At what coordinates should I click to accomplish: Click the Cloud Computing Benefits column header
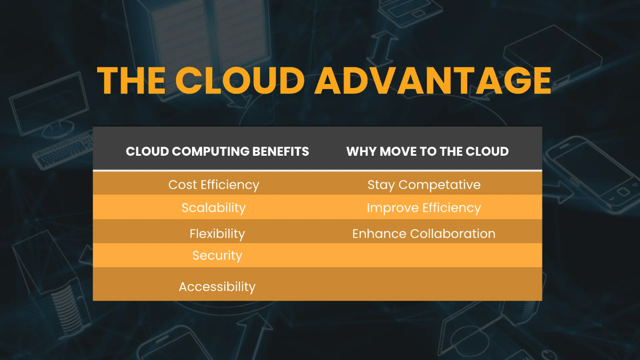[217, 151]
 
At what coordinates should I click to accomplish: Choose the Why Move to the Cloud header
[427, 151]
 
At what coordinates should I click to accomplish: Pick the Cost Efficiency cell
[213, 185]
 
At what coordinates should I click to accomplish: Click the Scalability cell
[213, 207]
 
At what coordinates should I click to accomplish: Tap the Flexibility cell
[217, 234]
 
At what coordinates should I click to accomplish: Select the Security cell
[217, 255]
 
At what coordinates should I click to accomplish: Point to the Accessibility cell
[217, 286]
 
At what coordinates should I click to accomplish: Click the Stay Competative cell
[424, 185]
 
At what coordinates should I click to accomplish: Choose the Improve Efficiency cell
[424, 207]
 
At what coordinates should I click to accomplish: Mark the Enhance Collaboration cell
[424, 234]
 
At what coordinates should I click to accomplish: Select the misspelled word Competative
[439, 185]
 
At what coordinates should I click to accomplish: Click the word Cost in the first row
[182, 185]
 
